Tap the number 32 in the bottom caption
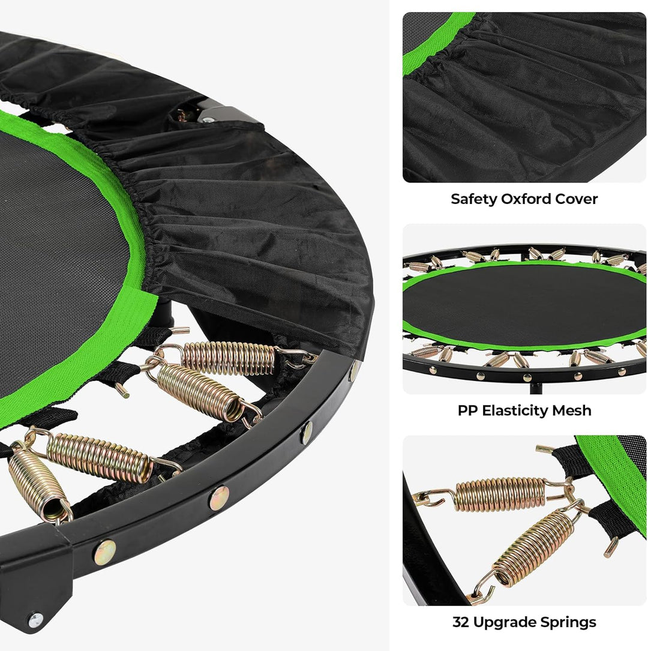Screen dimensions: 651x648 click(461, 622)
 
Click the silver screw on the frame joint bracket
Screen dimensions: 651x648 click(35, 620)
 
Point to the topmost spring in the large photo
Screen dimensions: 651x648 click(228, 358)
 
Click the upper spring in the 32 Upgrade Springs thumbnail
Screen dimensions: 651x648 click(501, 494)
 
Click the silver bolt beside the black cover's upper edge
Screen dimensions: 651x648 click(207, 121)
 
